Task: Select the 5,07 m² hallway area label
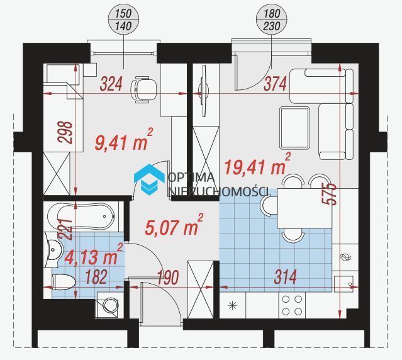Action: coord(174,225)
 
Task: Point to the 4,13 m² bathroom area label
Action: coord(94,254)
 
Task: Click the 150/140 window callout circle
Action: coord(123,20)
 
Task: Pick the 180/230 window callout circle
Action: coord(271,20)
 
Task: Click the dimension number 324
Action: coord(111,84)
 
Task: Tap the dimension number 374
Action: coord(275,84)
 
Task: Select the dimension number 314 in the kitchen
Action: coord(286,277)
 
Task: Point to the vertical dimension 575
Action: coord(329,194)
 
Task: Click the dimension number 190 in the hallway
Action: coord(168,277)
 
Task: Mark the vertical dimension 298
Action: coord(65,132)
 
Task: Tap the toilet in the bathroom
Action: coord(63,282)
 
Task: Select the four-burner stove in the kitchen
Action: coord(292,305)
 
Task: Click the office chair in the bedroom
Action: coord(143,89)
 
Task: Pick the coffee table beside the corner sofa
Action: coord(294,128)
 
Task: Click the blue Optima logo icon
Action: coord(149,179)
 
